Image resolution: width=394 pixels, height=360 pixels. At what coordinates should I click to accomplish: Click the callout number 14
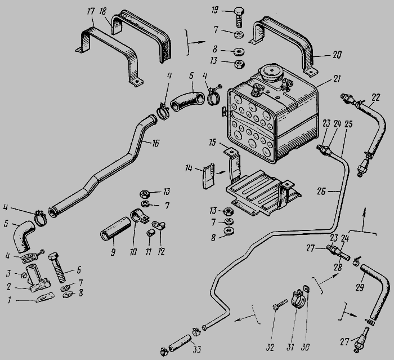point(189,168)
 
